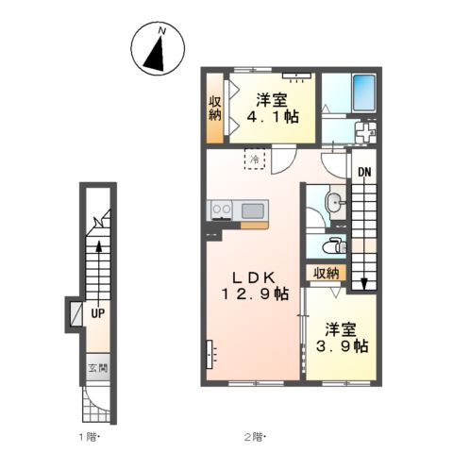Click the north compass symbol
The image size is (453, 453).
coord(158,49)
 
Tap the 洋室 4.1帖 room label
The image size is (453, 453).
coord(273,109)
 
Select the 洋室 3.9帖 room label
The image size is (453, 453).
coord(342,338)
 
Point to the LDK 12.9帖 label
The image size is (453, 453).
coord(255,286)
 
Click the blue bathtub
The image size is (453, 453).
coord(364,92)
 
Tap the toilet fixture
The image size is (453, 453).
coord(336,246)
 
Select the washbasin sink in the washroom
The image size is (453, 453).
coord(334,201)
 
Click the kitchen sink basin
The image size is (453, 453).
coord(253,210)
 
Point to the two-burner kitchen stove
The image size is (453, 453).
coord(222,210)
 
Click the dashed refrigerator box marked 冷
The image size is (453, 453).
coord(255,159)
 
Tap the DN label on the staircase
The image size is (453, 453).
coord(364,172)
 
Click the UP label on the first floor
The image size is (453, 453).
coord(98,313)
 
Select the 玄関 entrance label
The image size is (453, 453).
coord(98,368)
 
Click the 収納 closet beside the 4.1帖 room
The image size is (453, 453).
coord(215,109)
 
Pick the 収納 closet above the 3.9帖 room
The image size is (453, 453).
coord(327,273)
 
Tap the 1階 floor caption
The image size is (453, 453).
coord(89,437)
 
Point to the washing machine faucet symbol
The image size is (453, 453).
coord(365,132)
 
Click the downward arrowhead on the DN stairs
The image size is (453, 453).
coord(364,284)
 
